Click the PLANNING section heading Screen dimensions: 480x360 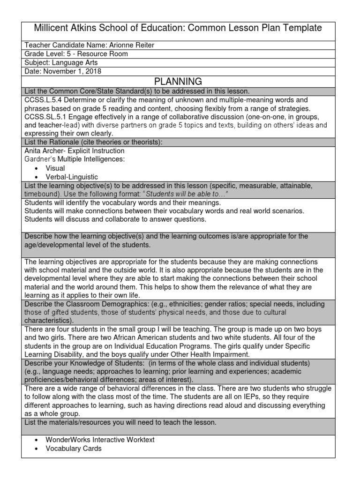pyautogui.click(x=180, y=82)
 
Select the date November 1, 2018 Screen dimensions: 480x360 pyautogui.click(x=71, y=71)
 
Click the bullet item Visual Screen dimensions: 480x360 pyautogui.click(x=55, y=168)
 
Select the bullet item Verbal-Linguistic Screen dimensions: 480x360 pyautogui.click(x=72, y=177)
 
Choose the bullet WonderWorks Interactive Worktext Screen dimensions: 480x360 pyautogui.click(x=100, y=440)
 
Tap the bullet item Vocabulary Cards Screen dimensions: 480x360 pyautogui.click(x=73, y=449)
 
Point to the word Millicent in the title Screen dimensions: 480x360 pyautogui.click(x=53, y=28)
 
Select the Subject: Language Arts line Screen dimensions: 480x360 pyautogui.click(x=61, y=62)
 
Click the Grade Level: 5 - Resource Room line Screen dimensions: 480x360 pyautogui.click(x=76, y=54)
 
